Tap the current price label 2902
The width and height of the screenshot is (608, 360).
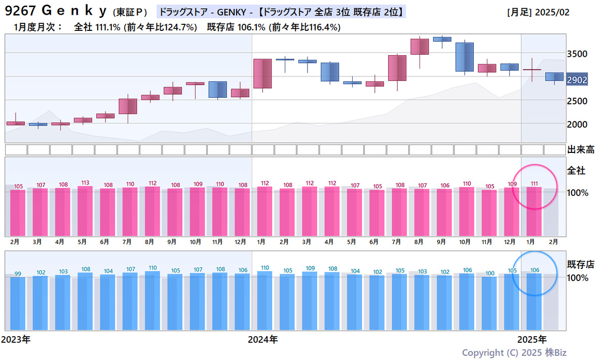click(x=577, y=80)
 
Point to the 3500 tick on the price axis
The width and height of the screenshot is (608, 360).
click(x=577, y=54)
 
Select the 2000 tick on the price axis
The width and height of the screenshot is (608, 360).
click(x=577, y=125)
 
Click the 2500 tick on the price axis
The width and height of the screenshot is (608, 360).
click(x=577, y=101)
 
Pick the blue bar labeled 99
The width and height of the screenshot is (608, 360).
click(x=18, y=303)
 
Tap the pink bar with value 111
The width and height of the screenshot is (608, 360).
click(x=534, y=211)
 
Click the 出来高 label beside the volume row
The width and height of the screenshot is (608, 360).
click(x=580, y=150)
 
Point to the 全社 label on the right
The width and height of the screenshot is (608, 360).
click(x=576, y=171)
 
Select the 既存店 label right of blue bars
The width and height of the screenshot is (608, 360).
click(x=580, y=264)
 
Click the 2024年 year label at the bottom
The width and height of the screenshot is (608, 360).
click(x=262, y=339)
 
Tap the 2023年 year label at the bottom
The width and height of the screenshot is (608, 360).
click(x=16, y=339)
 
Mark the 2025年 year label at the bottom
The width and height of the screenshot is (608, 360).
click(x=532, y=339)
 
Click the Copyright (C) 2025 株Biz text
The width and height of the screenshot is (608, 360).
click(x=518, y=352)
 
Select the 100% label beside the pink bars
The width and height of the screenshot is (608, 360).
click(x=577, y=193)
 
